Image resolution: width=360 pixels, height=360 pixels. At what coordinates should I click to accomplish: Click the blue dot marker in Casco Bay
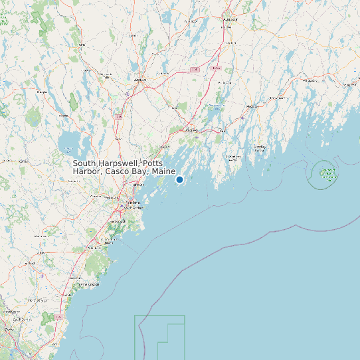[x=179, y=179]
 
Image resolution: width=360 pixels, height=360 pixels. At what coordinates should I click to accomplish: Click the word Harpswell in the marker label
[x=119, y=163]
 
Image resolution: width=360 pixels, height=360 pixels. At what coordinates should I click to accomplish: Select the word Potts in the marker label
[x=153, y=163]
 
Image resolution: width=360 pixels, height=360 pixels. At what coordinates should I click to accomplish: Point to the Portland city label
[x=133, y=202]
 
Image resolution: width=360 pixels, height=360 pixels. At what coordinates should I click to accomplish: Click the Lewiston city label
[x=139, y=80]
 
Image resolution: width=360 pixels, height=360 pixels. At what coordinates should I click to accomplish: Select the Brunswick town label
[x=191, y=130]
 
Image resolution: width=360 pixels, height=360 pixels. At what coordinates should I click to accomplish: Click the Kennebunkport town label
[x=89, y=284]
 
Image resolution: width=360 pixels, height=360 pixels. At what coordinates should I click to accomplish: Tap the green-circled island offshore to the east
[x=326, y=174]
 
